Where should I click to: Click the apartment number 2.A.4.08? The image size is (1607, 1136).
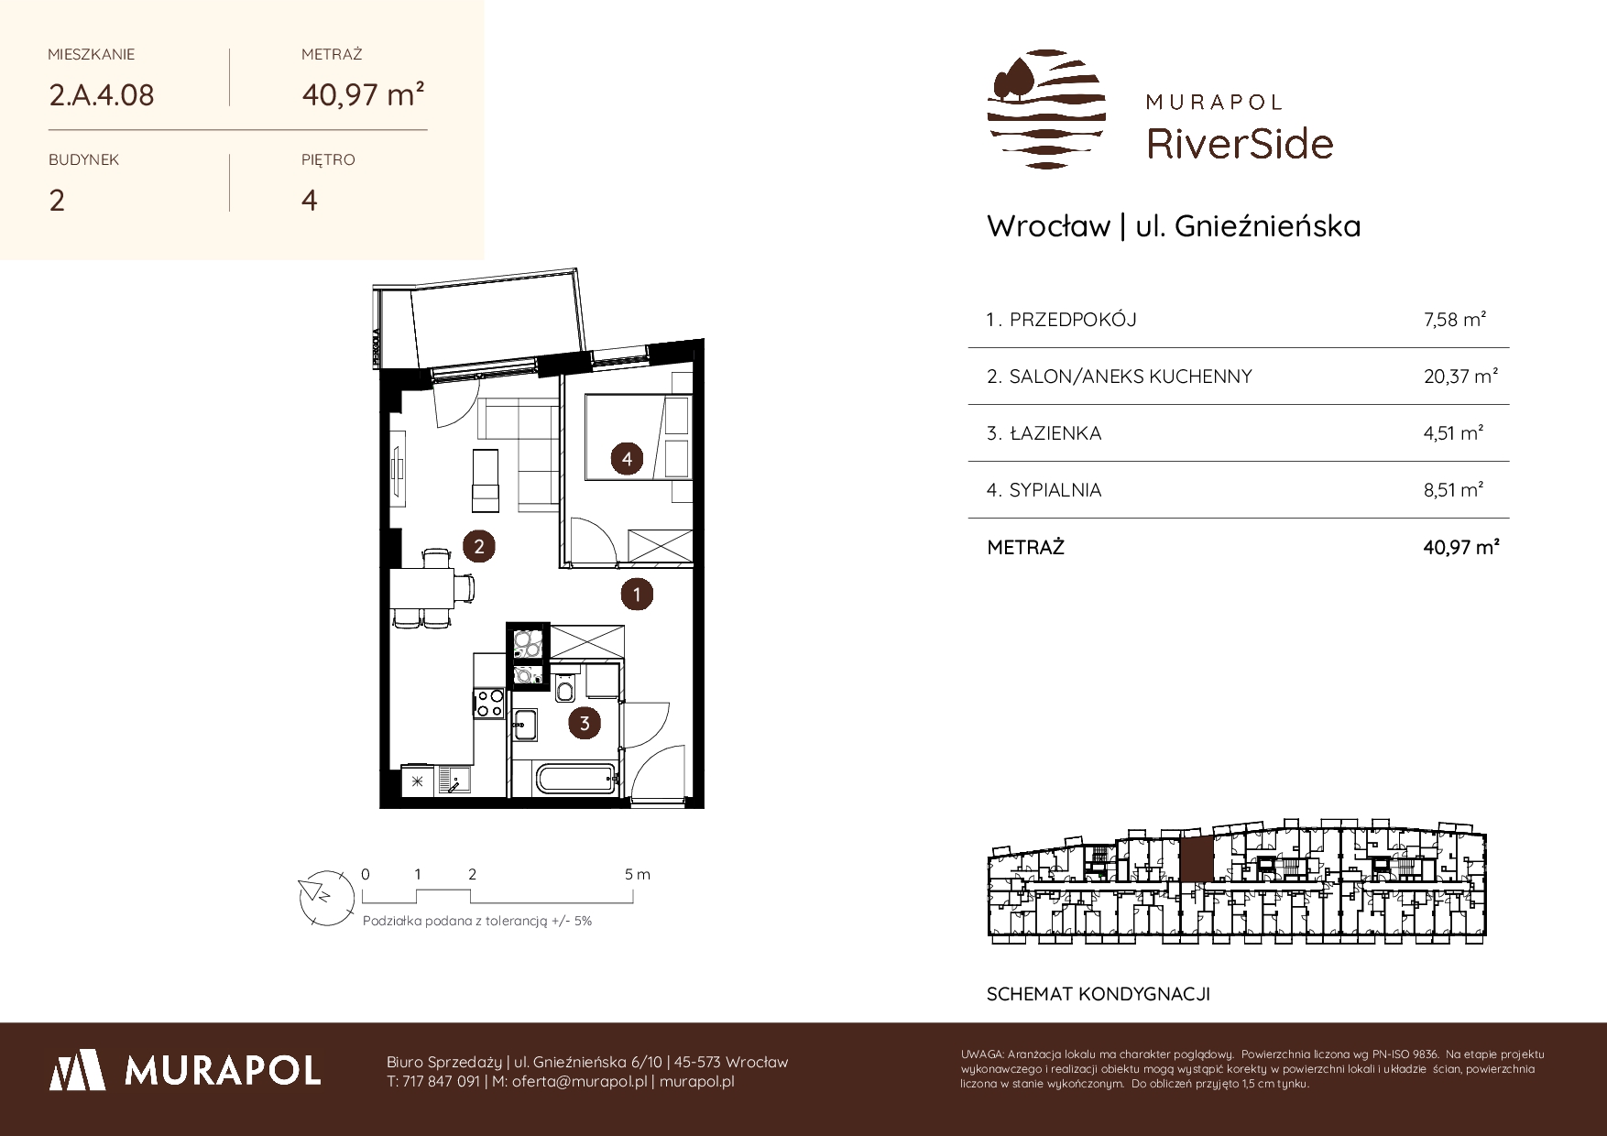pyautogui.click(x=101, y=94)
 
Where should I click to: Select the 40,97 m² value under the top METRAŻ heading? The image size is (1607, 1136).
pyautogui.click(x=363, y=94)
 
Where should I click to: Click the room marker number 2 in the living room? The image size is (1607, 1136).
pyautogui.click(x=478, y=547)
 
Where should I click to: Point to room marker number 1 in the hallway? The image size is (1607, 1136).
pyautogui.click(x=637, y=595)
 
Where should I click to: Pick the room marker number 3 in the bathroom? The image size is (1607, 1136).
pyautogui.click(x=584, y=724)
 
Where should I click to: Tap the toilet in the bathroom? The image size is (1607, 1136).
pyautogui.click(x=565, y=687)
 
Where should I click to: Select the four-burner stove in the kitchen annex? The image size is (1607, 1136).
pyautogui.click(x=488, y=703)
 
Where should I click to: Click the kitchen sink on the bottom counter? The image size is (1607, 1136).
pyautogui.click(x=454, y=781)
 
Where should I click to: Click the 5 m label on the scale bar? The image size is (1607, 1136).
pyautogui.click(x=638, y=874)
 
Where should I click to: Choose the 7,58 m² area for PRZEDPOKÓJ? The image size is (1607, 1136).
pyautogui.click(x=1455, y=320)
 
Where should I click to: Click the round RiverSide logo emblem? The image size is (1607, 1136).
pyautogui.click(x=1046, y=109)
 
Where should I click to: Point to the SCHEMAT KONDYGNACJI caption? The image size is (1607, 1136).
pyautogui.click(x=1099, y=994)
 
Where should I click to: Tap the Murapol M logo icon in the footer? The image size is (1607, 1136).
pyautogui.click(x=76, y=1069)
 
